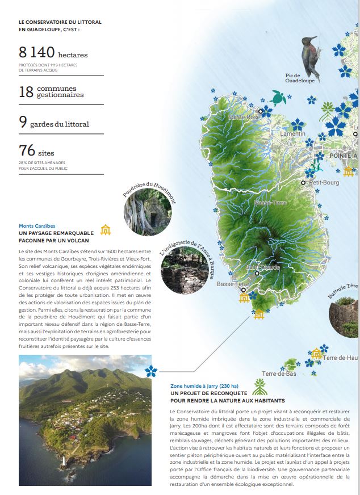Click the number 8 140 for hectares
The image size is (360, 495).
(36, 53)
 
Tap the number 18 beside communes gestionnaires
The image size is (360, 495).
(26, 93)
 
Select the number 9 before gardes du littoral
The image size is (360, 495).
(22, 123)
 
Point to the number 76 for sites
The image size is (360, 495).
(27, 150)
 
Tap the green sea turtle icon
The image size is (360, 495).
(278, 98)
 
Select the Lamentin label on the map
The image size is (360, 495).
(293, 133)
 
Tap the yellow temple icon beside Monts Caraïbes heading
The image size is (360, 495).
(106, 229)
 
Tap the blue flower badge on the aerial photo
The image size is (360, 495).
(151, 371)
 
